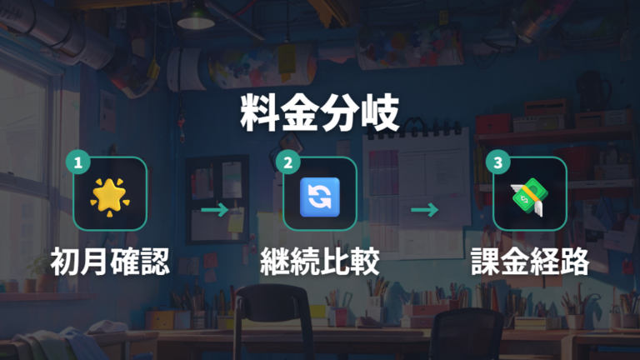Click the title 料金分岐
pos(320,112)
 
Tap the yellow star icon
pos(109,197)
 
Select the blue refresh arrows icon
pos(320,197)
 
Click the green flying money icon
pos(529,197)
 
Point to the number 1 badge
pos(78,162)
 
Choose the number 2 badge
pos(287,162)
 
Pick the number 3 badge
pos(498,162)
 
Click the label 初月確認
pos(110,261)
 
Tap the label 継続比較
pos(320,261)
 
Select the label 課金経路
pos(530,261)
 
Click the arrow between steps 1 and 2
pos(215,210)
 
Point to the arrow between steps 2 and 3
pos(424,210)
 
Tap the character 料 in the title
pos(259,112)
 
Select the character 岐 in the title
pos(380,112)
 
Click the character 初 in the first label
pos(65,261)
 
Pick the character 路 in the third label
pos(575,261)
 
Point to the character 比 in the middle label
pos(335,261)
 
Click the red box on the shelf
pos(493,123)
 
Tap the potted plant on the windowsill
pos(40,273)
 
